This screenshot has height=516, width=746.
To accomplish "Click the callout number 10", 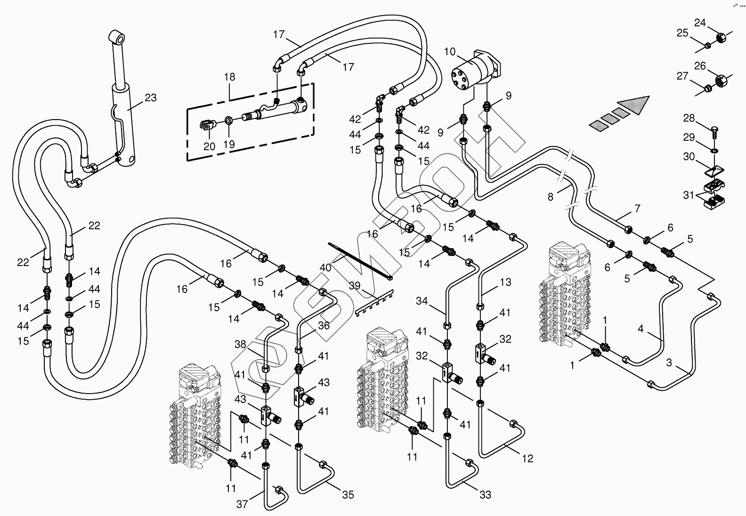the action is [450, 52].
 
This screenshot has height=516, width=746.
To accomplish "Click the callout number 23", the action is [151, 97].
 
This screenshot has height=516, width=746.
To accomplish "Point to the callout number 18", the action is [229, 77].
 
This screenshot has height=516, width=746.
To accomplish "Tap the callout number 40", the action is [325, 267].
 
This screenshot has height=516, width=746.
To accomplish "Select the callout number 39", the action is [355, 286].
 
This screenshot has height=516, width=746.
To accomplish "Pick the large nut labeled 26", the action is [721, 81].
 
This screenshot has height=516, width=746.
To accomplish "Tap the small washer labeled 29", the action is [714, 151].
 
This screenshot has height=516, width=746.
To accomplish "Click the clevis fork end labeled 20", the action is [207, 126].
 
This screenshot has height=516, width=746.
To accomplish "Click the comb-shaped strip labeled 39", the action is [374, 303].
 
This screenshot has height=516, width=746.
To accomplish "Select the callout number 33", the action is [485, 495].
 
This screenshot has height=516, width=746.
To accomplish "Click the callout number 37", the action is [242, 504].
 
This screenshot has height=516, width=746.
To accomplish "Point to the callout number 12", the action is [527, 459].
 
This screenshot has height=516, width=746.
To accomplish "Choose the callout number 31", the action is [689, 195].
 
